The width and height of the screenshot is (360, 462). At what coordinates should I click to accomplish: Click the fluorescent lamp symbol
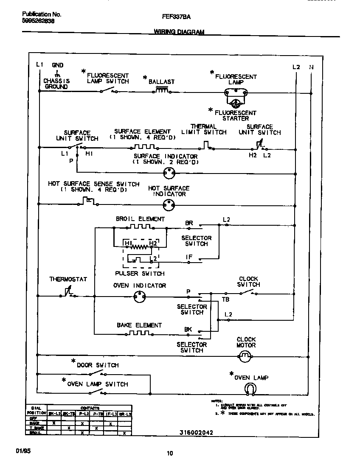(235, 91)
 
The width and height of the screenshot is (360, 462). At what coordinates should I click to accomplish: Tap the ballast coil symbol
(162, 90)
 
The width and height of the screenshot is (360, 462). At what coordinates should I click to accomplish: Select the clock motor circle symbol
(244, 357)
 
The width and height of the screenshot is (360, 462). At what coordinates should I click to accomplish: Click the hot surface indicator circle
(169, 206)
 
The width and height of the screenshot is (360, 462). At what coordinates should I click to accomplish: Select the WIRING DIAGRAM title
(179, 32)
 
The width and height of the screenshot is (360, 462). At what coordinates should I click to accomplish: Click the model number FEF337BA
(176, 17)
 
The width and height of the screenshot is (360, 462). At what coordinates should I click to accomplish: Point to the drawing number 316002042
(196, 432)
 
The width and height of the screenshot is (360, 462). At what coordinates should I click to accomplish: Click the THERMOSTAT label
(68, 279)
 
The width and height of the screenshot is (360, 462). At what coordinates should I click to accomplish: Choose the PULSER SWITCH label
(140, 274)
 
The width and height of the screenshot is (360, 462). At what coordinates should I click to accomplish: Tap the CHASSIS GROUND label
(56, 84)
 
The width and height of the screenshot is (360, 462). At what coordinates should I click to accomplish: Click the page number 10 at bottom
(170, 453)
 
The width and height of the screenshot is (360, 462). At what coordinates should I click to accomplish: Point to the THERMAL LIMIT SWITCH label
(204, 129)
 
